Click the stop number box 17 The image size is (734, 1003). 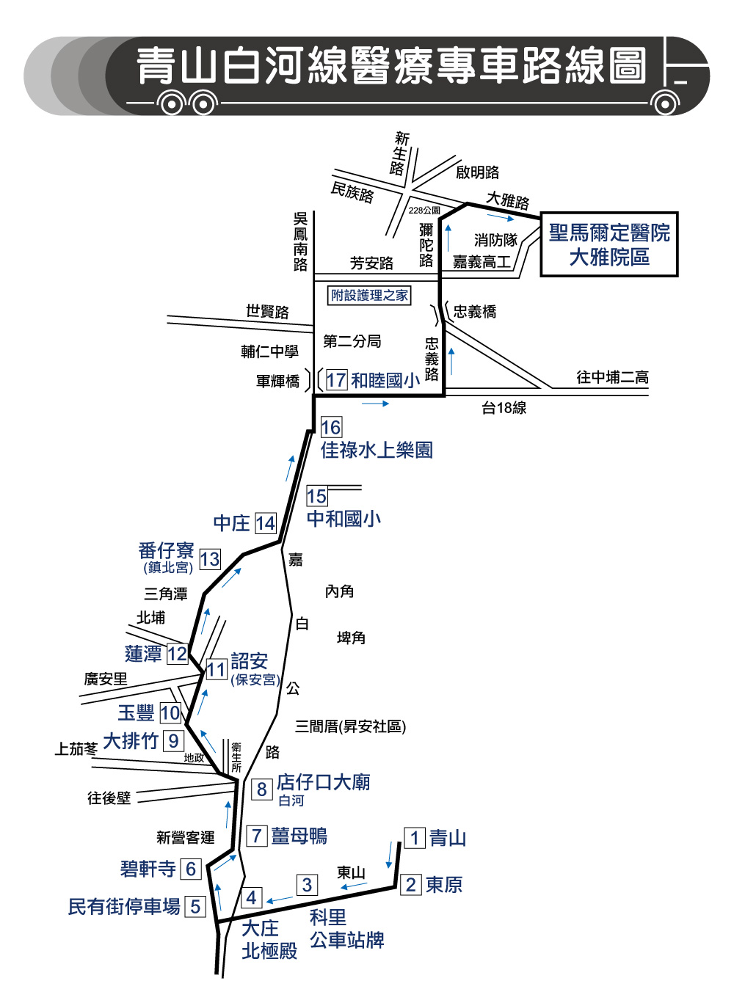pos(336,380)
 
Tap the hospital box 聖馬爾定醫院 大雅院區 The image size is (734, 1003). pos(608,244)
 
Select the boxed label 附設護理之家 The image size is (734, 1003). pos(369,295)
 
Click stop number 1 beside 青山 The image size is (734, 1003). pos(414,838)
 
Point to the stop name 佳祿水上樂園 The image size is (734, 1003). pos(377,450)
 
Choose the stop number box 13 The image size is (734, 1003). pos(210,559)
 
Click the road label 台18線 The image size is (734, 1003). pos(504,408)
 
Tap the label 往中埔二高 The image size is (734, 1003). pos(612,377)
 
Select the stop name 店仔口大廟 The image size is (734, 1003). pos(324,782)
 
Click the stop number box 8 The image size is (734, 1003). pos(261,789)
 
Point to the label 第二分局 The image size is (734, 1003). pos(352,342)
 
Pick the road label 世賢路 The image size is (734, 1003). pos(267,312)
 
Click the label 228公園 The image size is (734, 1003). pos(424,210)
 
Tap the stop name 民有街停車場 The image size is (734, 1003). pos(124,906)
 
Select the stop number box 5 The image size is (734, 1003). pos(195,907)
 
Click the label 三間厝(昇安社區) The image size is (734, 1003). pos(350,726)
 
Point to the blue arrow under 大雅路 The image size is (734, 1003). pos(501,218)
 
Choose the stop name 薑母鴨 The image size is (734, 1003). pos(299,836)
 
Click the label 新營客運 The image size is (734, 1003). pos(186,837)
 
